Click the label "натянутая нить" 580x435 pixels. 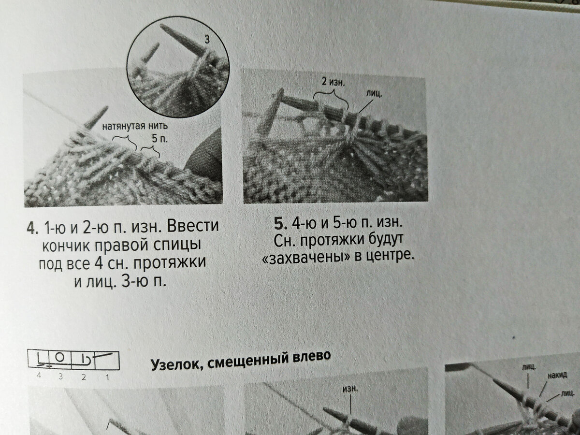pos(135,126)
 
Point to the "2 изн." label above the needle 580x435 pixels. pos(333,82)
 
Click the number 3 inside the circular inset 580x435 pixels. pos(207,40)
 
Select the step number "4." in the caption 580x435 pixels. pos(33,228)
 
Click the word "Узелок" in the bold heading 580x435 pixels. pos(176,364)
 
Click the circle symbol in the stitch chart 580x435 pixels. pos(60,357)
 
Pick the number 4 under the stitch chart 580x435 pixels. pos(39,376)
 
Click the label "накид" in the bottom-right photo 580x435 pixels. pos(557,376)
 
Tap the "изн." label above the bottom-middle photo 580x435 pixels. pos(350,389)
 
